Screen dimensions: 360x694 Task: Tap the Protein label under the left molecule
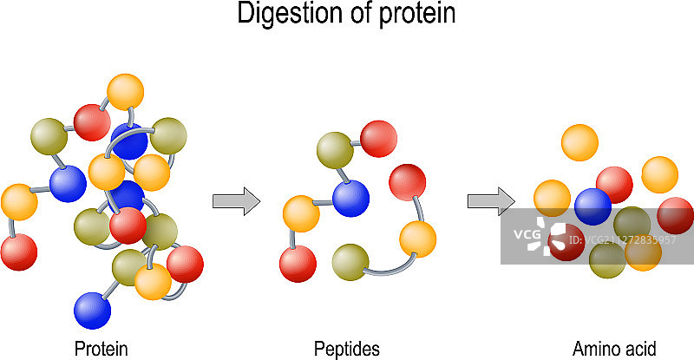[x=101, y=349]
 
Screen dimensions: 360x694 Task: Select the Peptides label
[x=347, y=349]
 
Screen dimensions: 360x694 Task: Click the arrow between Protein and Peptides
[x=237, y=201]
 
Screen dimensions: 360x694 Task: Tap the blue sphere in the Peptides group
[x=350, y=198]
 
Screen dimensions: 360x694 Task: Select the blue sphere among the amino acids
[x=593, y=206]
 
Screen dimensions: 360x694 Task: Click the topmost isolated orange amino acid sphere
[x=579, y=143]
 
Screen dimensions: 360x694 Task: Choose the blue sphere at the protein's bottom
[x=93, y=310]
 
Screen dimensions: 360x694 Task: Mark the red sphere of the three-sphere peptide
[x=407, y=181]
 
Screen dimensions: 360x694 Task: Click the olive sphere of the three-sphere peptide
[x=350, y=262]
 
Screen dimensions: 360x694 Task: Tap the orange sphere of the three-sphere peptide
[x=417, y=238]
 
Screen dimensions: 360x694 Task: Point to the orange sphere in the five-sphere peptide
[x=301, y=213]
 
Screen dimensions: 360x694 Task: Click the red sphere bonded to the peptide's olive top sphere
[x=378, y=139]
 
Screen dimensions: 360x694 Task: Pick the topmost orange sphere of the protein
[x=125, y=92]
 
